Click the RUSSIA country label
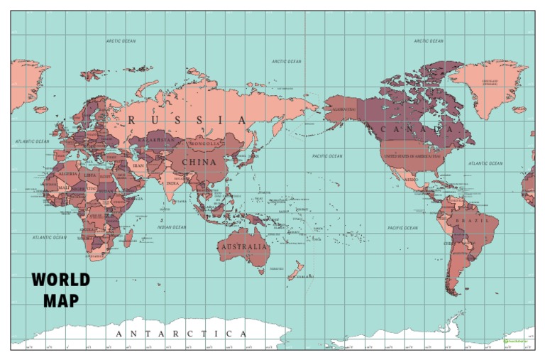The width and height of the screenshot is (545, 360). (x=188, y=120)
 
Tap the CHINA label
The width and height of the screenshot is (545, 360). (x=199, y=162)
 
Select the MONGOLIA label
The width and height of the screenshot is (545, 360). (x=205, y=144)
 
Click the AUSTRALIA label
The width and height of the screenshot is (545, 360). (x=245, y=247)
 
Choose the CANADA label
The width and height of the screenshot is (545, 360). (x=417, y=129)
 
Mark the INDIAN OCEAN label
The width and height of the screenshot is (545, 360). (x=172, y=227)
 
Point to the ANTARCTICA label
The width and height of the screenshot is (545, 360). (x=181, y=334)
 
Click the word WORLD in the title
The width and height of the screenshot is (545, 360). (x=61, y=280)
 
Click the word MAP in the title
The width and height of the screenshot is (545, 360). (x=61, y=300)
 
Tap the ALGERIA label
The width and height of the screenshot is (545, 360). (x=68, y=173)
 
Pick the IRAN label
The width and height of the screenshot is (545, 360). (x=138, y=165)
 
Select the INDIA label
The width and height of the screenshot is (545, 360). (x=172, y=182)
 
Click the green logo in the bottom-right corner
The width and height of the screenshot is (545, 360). (x=516, y=342)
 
